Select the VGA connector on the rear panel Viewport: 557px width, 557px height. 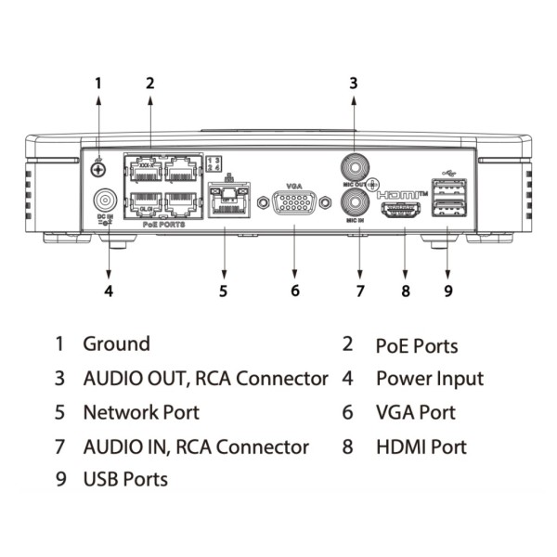294,204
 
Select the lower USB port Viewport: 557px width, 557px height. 445,209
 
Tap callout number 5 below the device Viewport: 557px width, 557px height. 223,291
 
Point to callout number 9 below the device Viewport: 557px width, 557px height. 447,291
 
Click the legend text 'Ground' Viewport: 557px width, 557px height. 116,344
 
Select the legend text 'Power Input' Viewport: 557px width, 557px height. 429,379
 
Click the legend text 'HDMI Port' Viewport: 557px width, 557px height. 421,447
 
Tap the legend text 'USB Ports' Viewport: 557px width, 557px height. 125,480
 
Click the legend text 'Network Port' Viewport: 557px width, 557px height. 141,412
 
